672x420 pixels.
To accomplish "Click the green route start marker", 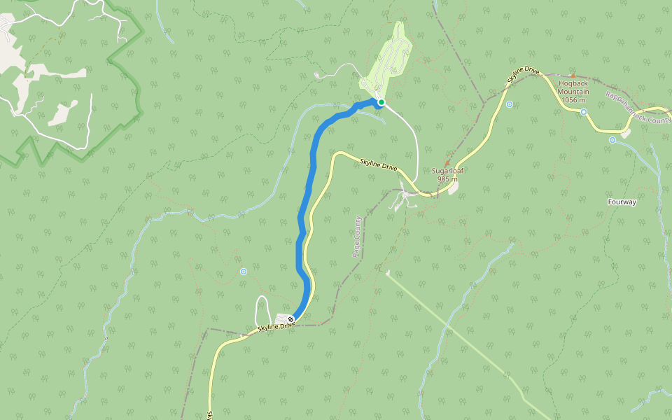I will coord(381,103).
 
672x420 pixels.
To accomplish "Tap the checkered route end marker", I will coord(291,320).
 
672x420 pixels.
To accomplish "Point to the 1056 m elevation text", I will coord(573,99).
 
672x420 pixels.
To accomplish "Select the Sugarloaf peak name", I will coord(448,171).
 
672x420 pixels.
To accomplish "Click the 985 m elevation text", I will coord(448,179).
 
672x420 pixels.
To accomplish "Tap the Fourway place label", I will coord(622,202).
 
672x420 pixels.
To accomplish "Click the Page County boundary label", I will coord(357,237).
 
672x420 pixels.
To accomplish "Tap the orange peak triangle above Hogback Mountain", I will coord(573,76).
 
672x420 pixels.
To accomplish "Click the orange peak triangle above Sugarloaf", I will coord(448,162).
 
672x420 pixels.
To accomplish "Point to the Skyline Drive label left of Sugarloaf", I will coord(379,166).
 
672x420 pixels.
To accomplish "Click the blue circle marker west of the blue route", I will coord(244,271).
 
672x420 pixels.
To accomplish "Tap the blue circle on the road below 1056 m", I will coord(583,112).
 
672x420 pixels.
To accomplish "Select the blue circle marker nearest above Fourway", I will coord(612,140).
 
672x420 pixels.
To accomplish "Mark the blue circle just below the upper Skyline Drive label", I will coord(509,104).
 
